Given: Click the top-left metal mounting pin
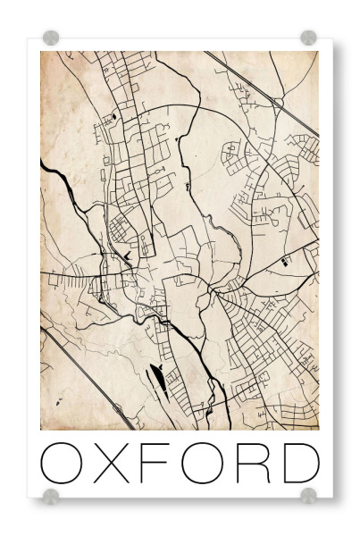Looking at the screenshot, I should click(51, 38).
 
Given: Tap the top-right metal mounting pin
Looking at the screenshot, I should click(308, 38).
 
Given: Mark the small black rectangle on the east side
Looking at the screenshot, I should click(285, 262).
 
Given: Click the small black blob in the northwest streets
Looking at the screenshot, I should click(115, 116).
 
